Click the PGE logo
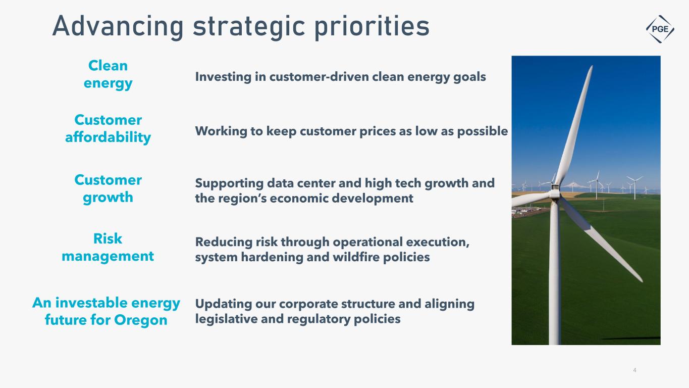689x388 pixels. click(x=660, y=29)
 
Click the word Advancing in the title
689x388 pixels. click(x=118, y=27)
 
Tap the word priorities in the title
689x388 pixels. click(x=372, y=27)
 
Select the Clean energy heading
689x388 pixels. click(x=108, y=75)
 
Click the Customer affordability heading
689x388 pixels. click(x=108, y=129)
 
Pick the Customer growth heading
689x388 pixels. click(x=108, y=188)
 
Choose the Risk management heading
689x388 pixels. click(x=108, y=247)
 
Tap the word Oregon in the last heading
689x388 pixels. click(x=140, y=320)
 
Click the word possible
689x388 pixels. click(x=483, y=131)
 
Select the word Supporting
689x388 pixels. click(x=230, y=183)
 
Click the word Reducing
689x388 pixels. click(x=224, y=243)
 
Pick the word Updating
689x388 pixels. click(x=224, y=304)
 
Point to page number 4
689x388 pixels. click(x=634, y=370)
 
